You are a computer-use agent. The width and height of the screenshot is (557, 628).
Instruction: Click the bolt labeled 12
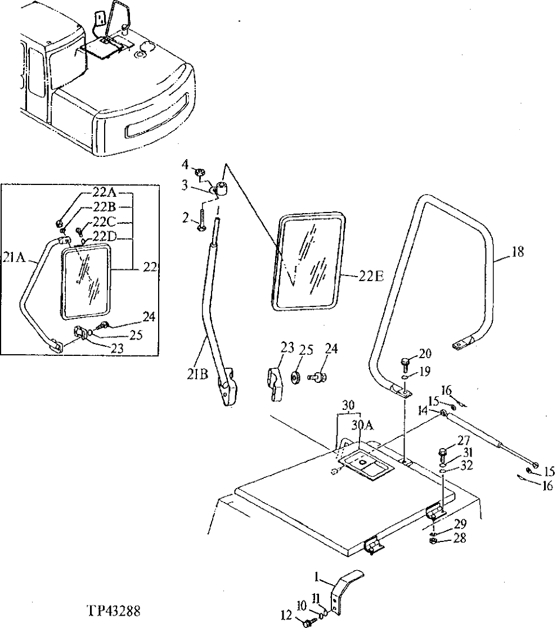coord(308,622)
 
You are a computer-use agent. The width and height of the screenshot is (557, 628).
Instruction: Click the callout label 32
coord(466,466)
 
